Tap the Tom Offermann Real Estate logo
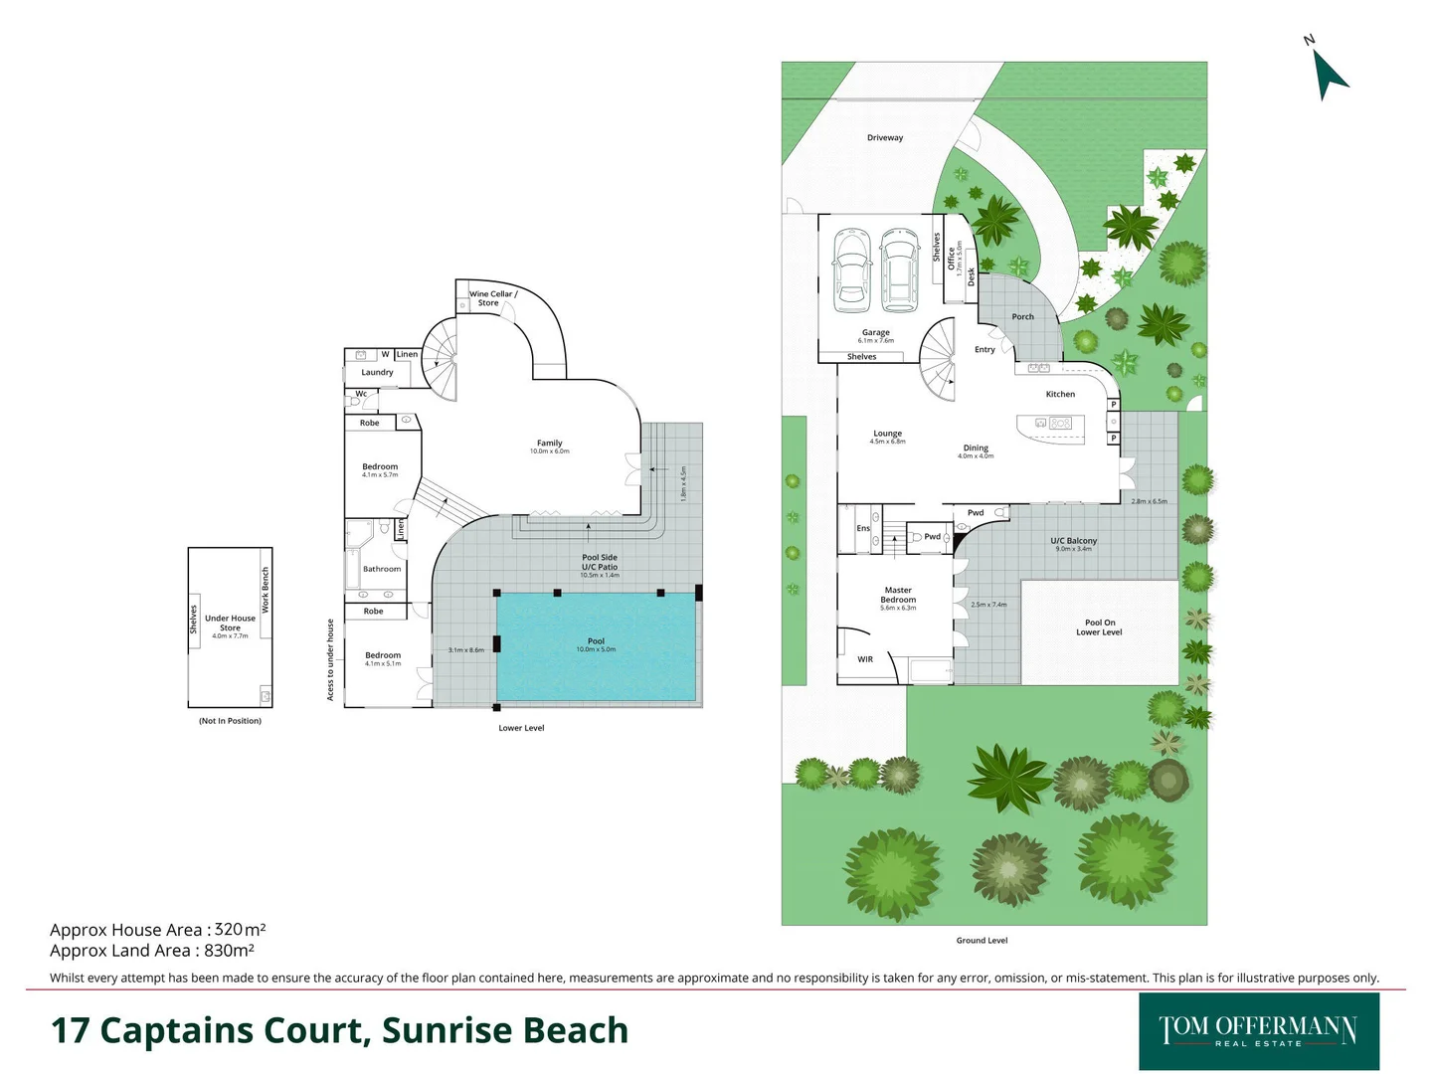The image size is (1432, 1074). (1258, 1031)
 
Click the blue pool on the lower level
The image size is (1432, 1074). (596, 646)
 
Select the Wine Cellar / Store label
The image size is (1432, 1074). (493, 298)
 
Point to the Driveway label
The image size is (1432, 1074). (885, 138)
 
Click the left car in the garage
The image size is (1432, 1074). (851, 266)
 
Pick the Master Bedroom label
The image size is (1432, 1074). (898, 595)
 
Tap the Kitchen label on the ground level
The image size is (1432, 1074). (1060, 395)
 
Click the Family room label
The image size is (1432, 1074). (550, 444)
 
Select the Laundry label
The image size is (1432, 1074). (377, 373)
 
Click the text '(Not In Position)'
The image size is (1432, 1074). (230, 721)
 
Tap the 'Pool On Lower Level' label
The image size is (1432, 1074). (1099, 627)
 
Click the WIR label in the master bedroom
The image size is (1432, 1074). (865, 659)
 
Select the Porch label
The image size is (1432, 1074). (1022, 317)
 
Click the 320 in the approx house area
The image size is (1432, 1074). (229, 930)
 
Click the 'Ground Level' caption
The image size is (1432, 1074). (982, 941)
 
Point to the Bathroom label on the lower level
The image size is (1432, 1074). (382, 570)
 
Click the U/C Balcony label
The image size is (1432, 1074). (1074, 541)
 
